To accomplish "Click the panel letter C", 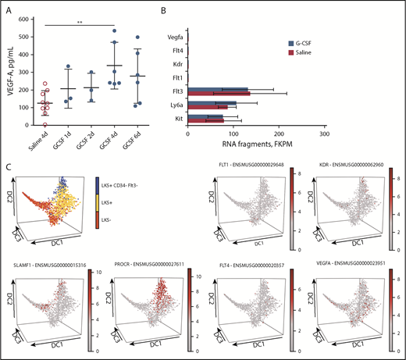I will pos(7,166).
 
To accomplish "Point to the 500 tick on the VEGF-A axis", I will pos(33,38).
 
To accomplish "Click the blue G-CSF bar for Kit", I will pos(205,116).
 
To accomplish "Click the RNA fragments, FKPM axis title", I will pos(256,145).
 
